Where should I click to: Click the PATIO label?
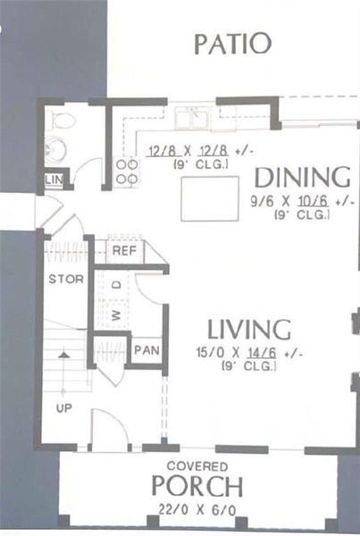tap(232, 43)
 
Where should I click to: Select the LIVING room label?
tap(249, 329)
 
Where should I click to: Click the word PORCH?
tap(197, 487)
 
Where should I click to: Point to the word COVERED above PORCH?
tap(197, 466)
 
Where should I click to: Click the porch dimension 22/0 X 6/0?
tap(197, 509)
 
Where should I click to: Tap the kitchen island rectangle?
tap(209, 198)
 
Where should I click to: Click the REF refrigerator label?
tap(123, 251)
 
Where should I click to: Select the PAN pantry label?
tap(145, 350)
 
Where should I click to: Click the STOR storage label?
tap(66, 279)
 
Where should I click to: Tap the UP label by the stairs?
tap(64, 408)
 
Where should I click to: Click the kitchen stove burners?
tap(127, 171)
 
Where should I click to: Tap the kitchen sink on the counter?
tap(194, 116)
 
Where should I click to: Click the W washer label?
tap(115, 314)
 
